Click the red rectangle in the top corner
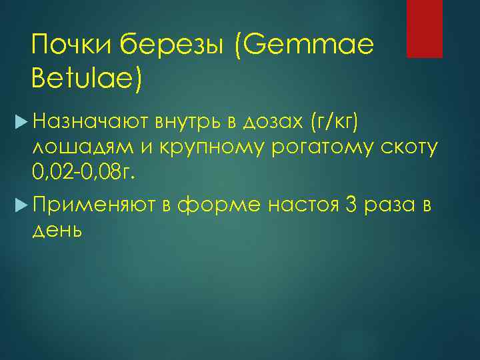[x=425, y=29]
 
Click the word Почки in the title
[x=71, y=46]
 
